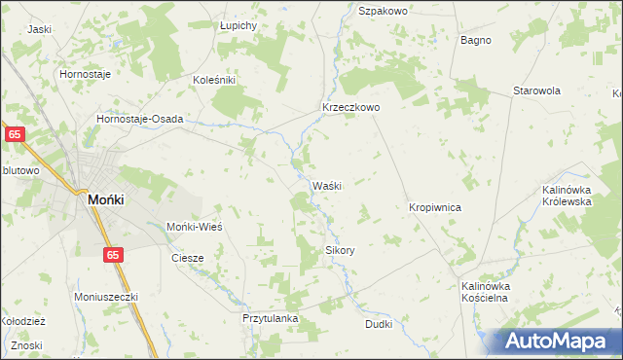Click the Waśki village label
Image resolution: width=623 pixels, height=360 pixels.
(326, 186)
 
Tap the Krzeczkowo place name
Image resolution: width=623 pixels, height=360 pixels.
(350, 108)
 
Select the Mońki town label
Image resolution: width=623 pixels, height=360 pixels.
(104, 198)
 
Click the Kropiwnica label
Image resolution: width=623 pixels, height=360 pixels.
(434, 208)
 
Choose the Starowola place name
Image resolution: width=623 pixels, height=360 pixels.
(537, 90)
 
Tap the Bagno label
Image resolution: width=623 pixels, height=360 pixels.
(475, 40)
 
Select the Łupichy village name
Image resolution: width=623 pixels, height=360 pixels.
(238, 25)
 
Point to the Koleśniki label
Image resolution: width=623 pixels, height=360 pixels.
(214, 80)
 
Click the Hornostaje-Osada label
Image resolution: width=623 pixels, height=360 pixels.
(140, 119)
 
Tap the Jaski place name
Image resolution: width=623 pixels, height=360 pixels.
(39, 29)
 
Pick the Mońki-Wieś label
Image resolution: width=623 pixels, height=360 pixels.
(196, 226)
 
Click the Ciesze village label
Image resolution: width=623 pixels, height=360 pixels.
(187, 258)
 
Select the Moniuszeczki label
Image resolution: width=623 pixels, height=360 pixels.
(107, 296)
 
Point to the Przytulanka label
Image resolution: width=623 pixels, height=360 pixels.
(270, 318)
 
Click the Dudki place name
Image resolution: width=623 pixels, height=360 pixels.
(379, 323)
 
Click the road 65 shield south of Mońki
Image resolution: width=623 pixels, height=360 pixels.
(114, 254)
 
